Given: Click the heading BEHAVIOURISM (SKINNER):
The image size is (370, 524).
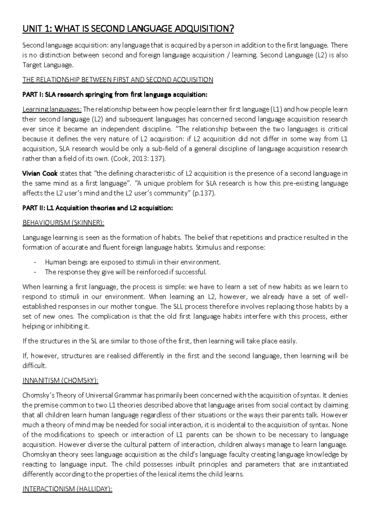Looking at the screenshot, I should coord(63,223).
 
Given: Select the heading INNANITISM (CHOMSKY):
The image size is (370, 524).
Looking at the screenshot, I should coord(60,381).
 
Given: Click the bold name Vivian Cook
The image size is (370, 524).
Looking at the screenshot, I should coord(40,173).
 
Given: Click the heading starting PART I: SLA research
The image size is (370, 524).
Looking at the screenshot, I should coord(115,95).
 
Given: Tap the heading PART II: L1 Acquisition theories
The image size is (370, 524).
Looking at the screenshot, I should coord(98,208).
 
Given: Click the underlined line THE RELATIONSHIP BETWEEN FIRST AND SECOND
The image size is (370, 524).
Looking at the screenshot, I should coord(118,80).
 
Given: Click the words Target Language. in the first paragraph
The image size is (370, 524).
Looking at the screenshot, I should coord(48,65).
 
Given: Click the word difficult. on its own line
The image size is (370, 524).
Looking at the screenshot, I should coord(35,366).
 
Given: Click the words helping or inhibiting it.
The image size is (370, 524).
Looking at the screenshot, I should coord(56,326).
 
